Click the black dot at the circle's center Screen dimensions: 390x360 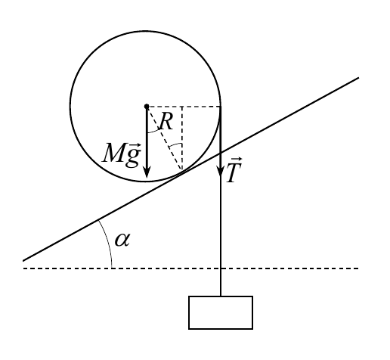(147, 107)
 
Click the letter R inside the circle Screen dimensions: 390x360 (166, 122)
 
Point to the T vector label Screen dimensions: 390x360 (234, 169)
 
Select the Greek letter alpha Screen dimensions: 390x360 (122, 240)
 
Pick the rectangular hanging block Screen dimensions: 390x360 (221, 312)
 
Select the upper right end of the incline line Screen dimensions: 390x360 (358, 78)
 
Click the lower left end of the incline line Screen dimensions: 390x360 (23, 261)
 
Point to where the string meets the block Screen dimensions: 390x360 (221, 296)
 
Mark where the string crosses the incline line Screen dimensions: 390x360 (221, 153)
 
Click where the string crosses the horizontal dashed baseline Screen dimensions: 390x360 (221, 268)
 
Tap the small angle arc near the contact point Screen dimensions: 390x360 (175, 144)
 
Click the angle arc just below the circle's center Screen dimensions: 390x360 (153, 132)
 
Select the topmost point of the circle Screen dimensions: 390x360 (146, 31)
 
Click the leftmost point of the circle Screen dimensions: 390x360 (71, 106)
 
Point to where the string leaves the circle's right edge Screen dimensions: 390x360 (221, 107)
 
